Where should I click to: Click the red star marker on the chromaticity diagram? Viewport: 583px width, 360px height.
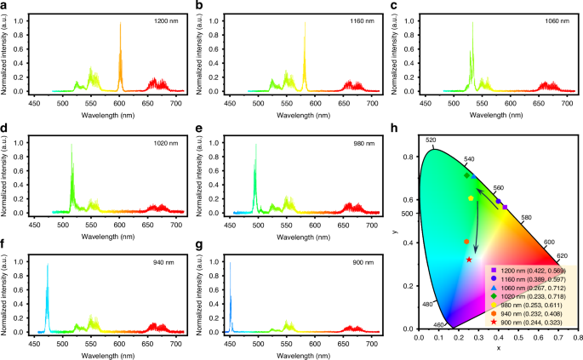coord(469,260)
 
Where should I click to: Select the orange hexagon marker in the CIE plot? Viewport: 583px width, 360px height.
coord(466,242)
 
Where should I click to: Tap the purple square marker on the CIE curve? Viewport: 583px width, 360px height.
coord(504,207)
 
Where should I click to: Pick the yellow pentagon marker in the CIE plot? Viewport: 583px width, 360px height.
coord(471,198)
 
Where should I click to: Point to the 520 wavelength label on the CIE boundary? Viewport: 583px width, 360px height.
coord(431,140)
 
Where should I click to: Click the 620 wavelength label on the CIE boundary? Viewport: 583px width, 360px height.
coord(562,256)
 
